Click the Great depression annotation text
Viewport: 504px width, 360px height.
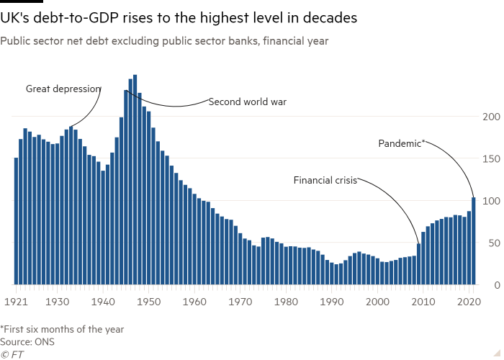pyautogui.click(x=63, y=89)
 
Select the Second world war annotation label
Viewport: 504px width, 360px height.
pyautogui.click(x=248, y=102)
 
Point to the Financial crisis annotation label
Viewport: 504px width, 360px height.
pyautogui.click(x=325, y=180)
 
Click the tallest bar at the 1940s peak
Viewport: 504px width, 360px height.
pyautogui.click(x=135, y=180)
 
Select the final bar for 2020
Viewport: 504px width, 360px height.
pyautogui.click(x=474, y=241)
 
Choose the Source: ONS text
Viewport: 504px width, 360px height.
pyautogui.click(x=26, y=342)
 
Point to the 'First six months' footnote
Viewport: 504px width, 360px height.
pyautogui.click(x=63, y=330)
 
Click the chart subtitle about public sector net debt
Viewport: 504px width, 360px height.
pyautogui.click(x=164, y=42)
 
